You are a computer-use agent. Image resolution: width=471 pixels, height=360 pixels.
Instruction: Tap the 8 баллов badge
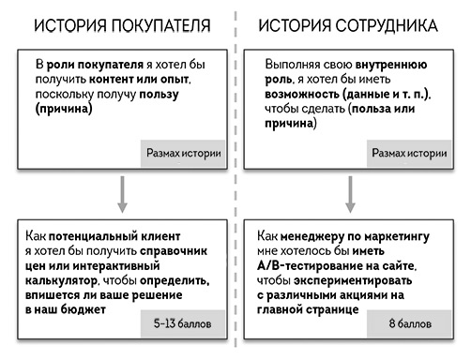[x=407, y=324]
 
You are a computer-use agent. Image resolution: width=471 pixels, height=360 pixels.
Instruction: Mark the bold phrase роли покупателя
[x=97, y=65]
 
